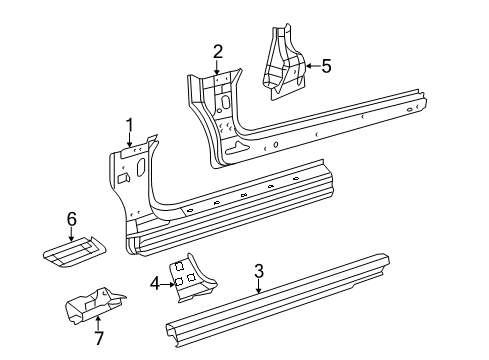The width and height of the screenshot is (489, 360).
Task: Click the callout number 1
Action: tap(129, 124)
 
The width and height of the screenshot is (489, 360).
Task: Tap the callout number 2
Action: tap(218, 52)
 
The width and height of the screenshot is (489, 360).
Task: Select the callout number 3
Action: tap(258, 270)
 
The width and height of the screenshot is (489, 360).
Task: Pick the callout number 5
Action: tap(325, 67)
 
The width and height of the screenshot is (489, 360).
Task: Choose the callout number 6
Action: tap(71, 218)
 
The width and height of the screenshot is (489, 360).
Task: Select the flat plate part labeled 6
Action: tap(72, 250)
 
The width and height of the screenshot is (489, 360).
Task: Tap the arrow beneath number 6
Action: tap(71, 232)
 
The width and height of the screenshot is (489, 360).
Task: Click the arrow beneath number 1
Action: tap(129, 139)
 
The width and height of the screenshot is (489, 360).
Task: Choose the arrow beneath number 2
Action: tap(218, 66)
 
